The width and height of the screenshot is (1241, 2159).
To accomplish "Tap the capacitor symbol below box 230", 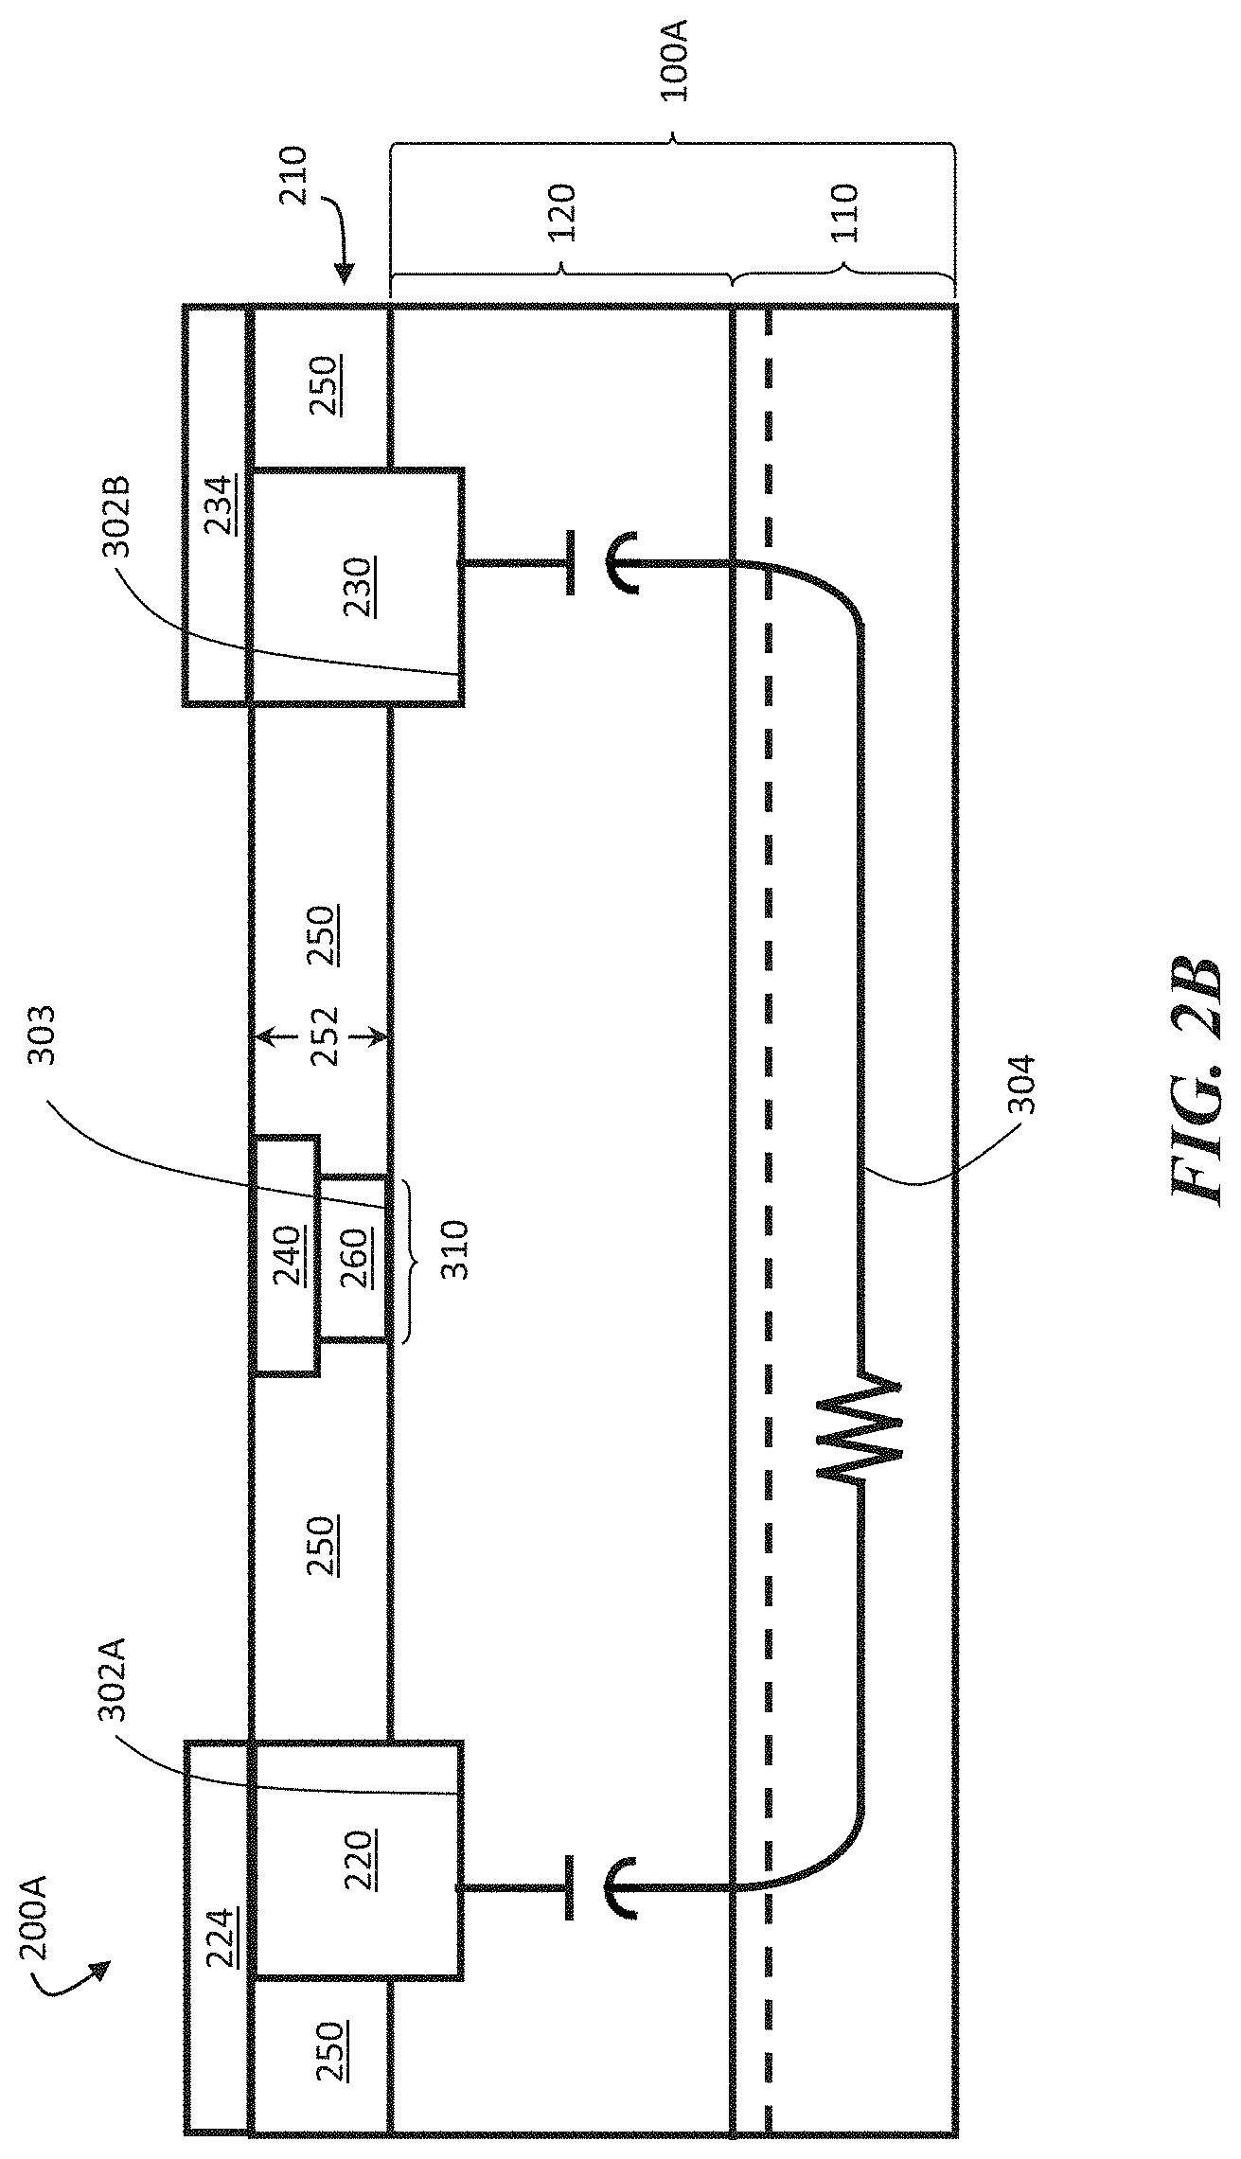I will click(x=594, y=563).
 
